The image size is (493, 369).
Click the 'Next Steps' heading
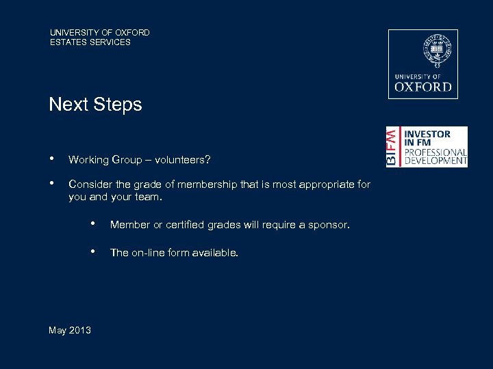(x=95, y=105)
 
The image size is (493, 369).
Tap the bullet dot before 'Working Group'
(x=52, y=159)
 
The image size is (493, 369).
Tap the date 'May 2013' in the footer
(x=70, y=331)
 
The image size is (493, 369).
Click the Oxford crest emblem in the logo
(x=423, y=52)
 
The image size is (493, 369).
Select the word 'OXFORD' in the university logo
(x=423, y=87)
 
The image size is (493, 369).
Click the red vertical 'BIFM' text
(x=391, y=146)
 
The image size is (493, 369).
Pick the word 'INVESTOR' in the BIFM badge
(x=427, y=134)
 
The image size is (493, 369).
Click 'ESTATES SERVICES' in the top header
(x=90, y=42)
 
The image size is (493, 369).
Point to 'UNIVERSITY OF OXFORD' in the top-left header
(x=99, y=32)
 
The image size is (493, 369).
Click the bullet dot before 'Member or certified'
(x=93, y=223)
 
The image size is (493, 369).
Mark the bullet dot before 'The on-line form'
(x=93, y=251)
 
